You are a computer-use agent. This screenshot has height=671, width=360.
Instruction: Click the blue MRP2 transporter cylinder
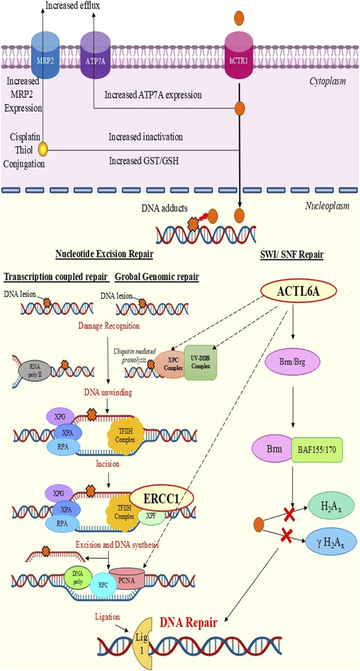pos(45,56)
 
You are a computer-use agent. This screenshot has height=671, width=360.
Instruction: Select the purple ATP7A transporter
pos(95,56)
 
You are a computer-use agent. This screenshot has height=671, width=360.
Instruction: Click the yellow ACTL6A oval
pos(298,291)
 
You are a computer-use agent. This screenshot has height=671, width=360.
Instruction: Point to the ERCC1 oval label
pos(161,499)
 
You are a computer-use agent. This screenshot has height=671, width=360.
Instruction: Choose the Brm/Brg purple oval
pos(293,362)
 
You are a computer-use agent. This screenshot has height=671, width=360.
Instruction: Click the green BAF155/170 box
pos(317,450)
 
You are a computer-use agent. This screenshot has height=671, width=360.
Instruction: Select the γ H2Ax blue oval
pos(330,543)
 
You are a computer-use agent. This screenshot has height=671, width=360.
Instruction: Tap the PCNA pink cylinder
pos(126,580)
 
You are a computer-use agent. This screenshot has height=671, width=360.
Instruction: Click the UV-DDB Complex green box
pos(200,363)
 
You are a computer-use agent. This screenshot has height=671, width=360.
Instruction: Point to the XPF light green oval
pos(151,516)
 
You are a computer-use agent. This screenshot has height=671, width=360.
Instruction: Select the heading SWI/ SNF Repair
pos(292,254)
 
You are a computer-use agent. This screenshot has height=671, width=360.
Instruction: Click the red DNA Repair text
pos(188,622)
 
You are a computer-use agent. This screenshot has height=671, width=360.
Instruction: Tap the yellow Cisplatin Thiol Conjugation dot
pos(43,148)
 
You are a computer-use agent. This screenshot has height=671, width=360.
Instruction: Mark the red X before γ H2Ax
pos(286,536)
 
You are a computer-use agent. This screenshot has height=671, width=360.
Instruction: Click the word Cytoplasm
pos(327,81)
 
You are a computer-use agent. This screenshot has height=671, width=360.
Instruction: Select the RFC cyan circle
pos(103,585)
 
